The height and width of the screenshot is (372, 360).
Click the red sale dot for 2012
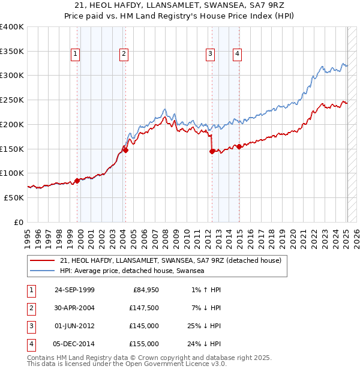click(x=212, y=151)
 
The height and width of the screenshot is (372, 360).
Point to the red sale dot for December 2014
click(x=239, y=146)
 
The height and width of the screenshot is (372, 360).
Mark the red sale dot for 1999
click(x=77, y=181)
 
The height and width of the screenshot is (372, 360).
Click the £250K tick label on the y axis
click(x=12, y=100)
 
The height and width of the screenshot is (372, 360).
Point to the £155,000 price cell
click(x=143, y=344)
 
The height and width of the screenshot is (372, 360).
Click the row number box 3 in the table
click(x=30, y=327)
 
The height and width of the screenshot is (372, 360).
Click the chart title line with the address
click(x=180, y=5)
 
